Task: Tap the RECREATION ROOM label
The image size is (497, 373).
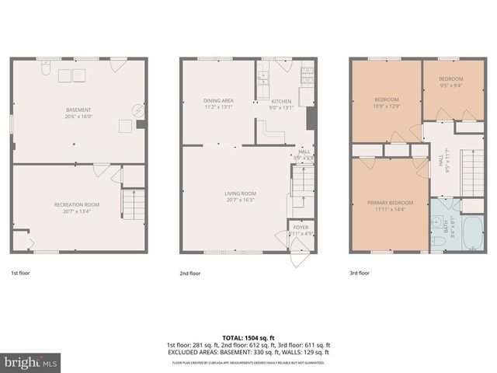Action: [79, 204]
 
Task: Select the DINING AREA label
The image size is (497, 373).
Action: [218, 100]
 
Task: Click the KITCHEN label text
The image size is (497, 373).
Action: [280, 100]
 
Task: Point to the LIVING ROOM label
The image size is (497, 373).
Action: [241, 193]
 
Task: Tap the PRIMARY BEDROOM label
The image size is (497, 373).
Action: [390, 203]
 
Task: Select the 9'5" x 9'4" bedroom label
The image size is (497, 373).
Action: [450, 79]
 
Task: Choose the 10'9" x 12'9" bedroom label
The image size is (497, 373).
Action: [387, 99]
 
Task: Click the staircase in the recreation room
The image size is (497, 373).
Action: [133, 204]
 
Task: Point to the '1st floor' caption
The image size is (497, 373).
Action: [20, 274]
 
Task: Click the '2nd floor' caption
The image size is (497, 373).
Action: [190, 274]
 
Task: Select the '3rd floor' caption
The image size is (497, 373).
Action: [360, 274]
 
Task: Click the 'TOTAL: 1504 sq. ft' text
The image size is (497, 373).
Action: [248, 338]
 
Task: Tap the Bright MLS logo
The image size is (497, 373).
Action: [31, 362]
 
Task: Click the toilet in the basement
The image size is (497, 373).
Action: [46, 72]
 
